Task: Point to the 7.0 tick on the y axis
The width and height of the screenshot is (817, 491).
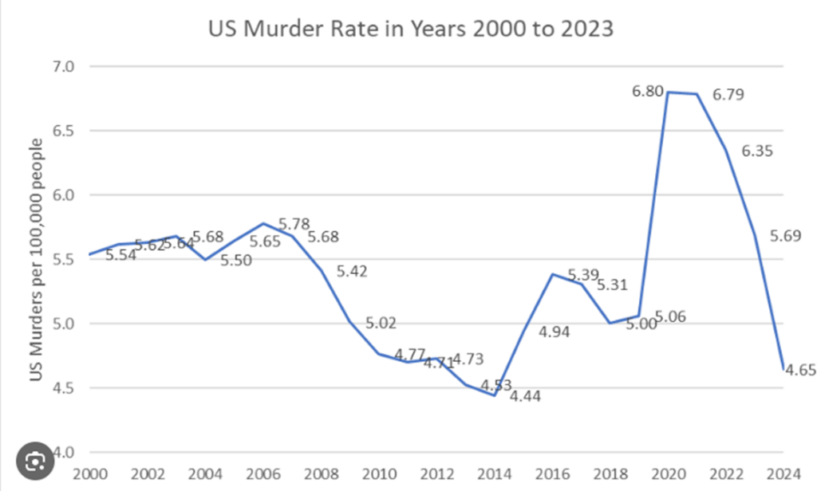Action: [64, 66]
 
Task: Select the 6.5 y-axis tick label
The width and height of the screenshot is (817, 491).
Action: [64, 131]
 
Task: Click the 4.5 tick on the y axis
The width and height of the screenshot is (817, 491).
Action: [64, 388]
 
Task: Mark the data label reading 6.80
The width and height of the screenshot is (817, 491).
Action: [647, 92]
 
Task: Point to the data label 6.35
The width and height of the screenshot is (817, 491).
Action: [757, 151]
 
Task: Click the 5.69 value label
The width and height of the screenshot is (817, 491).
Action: [786, 235]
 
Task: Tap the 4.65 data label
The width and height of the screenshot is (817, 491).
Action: [799, 370]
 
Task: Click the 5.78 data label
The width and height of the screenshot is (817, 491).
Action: [294, 223]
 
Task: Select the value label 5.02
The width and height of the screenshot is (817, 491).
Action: [381, 323]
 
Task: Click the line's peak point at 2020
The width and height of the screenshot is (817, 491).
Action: [669, 92]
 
